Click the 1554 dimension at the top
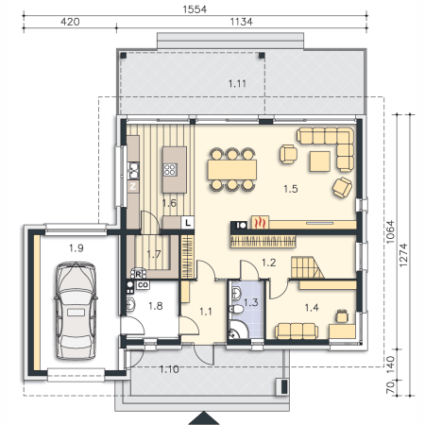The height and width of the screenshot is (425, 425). coord(195,9)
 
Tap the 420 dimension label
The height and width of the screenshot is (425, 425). coord(70,22)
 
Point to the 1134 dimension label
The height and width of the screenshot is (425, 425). coord(241,22)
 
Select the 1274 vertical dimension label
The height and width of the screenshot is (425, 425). coord(403,255)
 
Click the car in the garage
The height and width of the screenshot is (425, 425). coord(76,311)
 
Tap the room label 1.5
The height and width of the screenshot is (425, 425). coord(290,189)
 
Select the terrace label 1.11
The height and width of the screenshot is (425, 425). coord(237,84)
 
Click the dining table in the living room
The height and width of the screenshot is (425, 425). coord(232,170)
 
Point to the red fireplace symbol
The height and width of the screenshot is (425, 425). coord(260,222)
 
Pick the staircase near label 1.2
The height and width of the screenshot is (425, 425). coord(307,267)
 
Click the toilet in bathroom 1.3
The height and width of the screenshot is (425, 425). coord(237,309)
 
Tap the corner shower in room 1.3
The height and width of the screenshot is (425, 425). coord(238,330)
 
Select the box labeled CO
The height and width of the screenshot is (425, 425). coord(143,285)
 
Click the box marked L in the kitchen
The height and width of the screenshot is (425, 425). coord(188,223)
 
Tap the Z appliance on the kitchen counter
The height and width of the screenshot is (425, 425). coord(133,186)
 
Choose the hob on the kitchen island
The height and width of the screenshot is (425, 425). coord(170,170)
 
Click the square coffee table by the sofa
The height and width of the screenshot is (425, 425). coord(320,161)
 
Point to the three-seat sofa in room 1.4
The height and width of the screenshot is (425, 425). coord(297,331)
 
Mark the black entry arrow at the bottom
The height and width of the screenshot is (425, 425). coord(204,418)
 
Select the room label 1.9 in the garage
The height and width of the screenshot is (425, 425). coord(76,248)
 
